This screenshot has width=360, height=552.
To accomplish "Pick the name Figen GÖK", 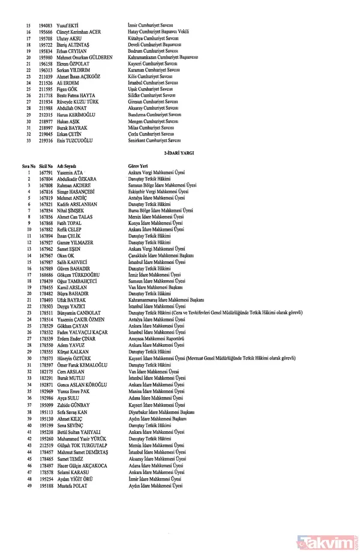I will click(x=67, y=89).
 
